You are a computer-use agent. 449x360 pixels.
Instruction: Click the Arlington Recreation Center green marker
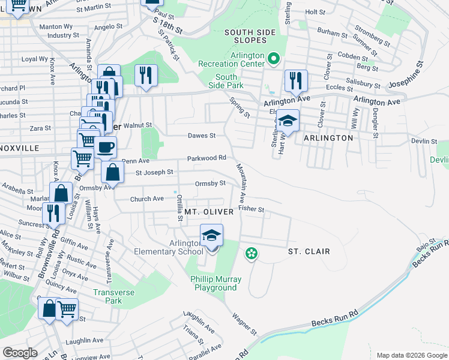(x=274, y=59)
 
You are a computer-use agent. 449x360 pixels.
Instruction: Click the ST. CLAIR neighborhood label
(x=309, y=251)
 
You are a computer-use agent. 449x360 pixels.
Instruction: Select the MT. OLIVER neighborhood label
(x=208, y=212)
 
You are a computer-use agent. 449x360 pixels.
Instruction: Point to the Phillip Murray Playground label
(x=215, y=283)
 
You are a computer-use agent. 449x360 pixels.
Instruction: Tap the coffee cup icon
(x=106, y=148)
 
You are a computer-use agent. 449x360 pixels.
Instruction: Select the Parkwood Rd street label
(x=206, y=158)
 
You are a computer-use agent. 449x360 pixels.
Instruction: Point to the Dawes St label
(x=201, y=136)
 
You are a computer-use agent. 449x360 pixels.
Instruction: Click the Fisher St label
(x=251, y=209)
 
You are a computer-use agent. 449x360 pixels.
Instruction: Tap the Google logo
(x=20, y=352)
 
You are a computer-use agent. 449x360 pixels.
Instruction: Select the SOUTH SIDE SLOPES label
(x=250, y=36)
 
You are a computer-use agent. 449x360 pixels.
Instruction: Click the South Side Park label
(x=226, y=81)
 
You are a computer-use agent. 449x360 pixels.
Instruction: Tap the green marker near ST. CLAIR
(x=252, y=254)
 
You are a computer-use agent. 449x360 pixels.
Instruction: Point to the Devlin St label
(x=424, y=141)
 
